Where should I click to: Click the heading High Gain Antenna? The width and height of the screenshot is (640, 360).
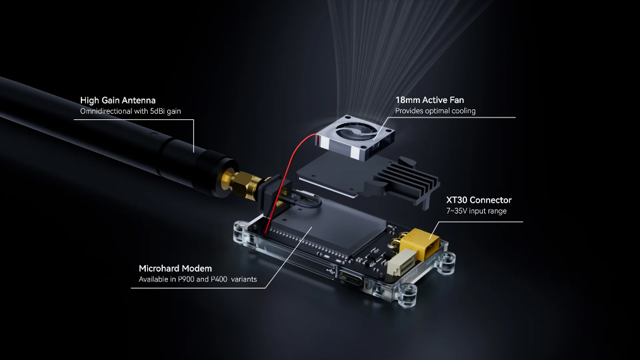point(117,100)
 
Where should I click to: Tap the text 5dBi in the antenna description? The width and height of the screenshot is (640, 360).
point(157,111)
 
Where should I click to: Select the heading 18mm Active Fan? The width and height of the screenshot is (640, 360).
point(429,100)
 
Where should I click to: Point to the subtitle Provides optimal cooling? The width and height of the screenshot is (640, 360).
point(435,111)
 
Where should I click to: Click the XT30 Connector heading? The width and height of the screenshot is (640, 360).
point(479,200)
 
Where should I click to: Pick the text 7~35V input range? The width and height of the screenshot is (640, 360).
point(477,211)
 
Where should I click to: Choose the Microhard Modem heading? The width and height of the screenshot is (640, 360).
point(175,268)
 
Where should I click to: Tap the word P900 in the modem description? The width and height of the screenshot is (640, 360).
point(186,279)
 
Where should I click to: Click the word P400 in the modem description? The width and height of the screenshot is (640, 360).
point(219,279)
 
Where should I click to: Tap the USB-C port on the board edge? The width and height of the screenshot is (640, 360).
point(350,279)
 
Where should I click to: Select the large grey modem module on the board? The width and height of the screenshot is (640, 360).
point(329,231)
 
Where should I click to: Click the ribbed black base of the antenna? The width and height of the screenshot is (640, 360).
point(212,172)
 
